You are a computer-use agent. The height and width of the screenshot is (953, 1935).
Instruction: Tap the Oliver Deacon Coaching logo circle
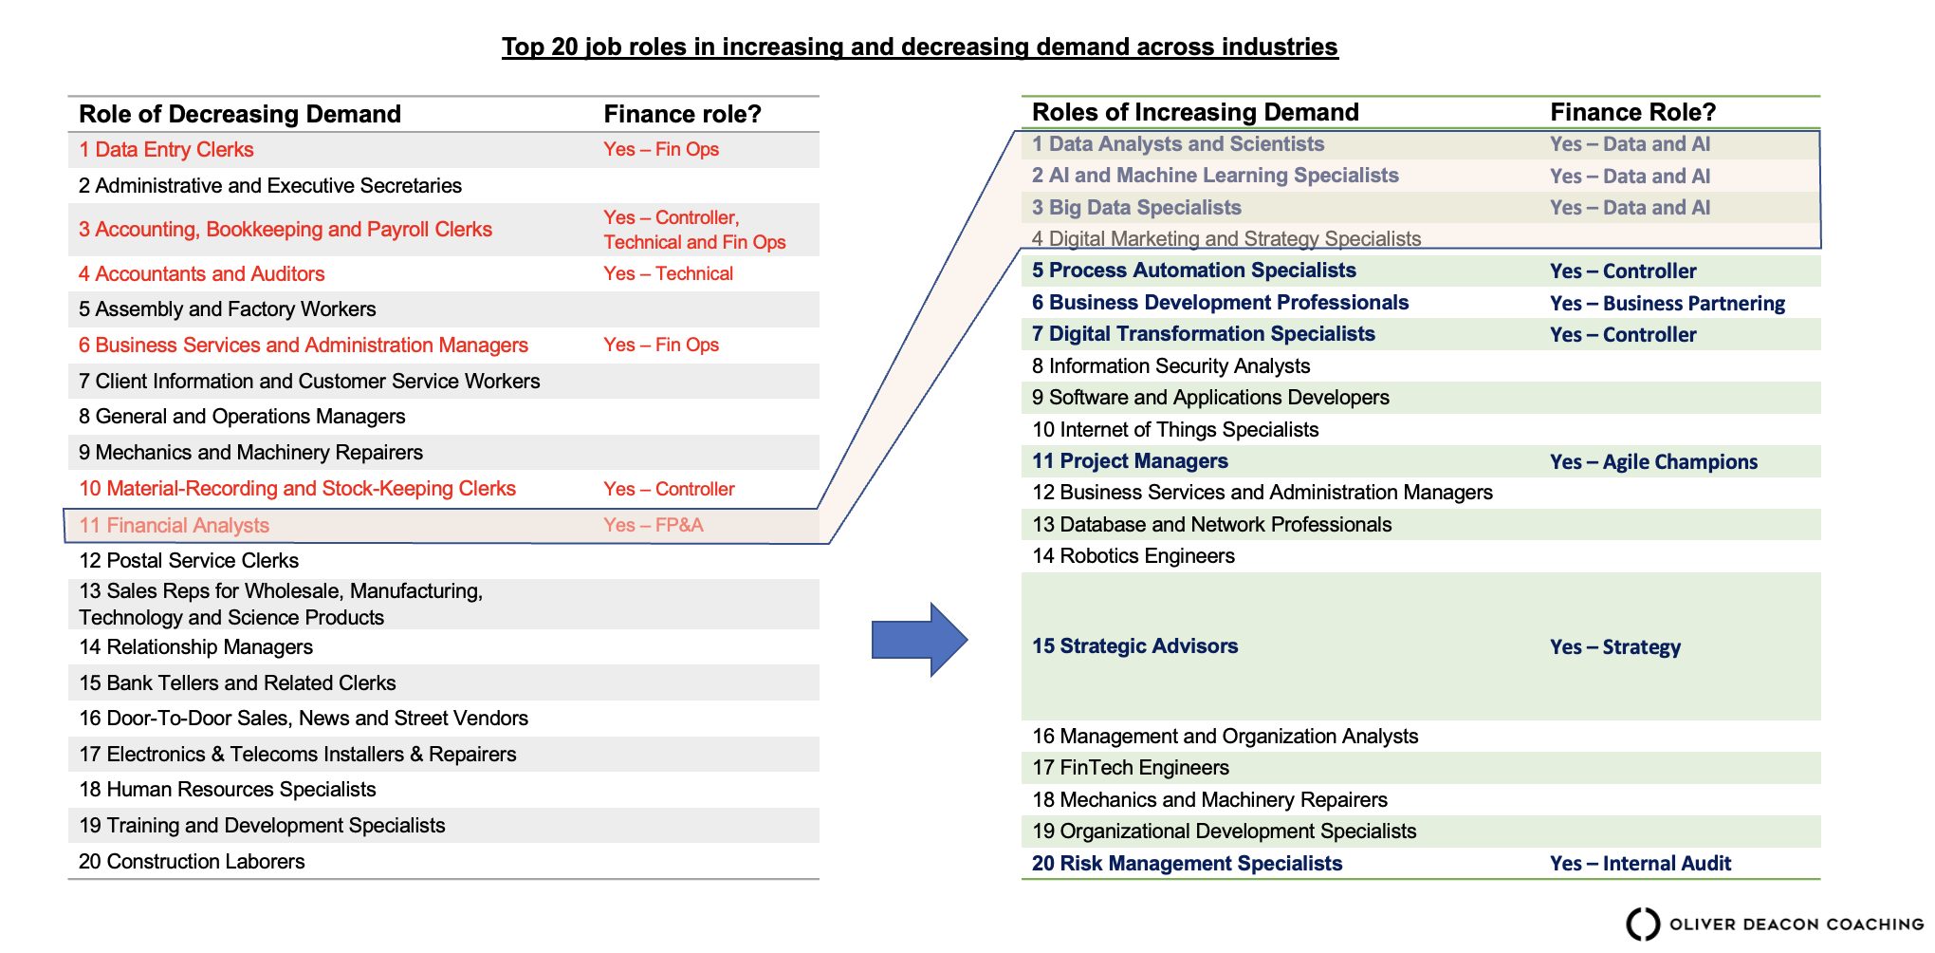1643,924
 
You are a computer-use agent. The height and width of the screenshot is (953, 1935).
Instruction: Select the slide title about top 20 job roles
920,47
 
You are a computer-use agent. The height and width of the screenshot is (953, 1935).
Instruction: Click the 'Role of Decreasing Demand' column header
240,114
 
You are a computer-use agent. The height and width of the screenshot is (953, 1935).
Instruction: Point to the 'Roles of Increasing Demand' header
1195,112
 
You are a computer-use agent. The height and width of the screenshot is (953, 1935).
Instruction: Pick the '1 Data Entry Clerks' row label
166,149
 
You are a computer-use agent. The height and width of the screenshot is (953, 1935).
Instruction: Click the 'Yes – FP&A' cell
654,525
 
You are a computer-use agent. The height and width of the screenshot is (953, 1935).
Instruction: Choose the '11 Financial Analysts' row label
175,525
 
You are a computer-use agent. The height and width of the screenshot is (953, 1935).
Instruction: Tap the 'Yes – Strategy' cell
1615,646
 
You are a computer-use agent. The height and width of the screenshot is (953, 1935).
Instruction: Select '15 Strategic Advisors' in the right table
1135,645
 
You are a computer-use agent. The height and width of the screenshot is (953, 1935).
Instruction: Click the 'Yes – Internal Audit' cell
1641,863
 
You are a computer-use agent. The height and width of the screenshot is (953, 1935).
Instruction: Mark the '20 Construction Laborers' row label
192,861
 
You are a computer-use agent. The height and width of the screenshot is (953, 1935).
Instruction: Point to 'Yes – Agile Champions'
1654,461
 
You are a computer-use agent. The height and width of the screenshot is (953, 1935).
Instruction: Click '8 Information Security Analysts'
1171,365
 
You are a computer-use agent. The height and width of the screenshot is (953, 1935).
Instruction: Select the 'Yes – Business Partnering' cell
1668,303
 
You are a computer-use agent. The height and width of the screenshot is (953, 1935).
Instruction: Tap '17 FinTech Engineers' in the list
1131,767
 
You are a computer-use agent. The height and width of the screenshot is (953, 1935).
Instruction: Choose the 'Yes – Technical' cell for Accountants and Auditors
669,273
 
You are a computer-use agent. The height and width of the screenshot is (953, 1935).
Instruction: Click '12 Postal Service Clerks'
189,560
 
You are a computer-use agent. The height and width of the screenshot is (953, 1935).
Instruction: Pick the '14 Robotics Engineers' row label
1133,555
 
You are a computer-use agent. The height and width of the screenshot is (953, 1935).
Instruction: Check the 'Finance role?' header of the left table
683,114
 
